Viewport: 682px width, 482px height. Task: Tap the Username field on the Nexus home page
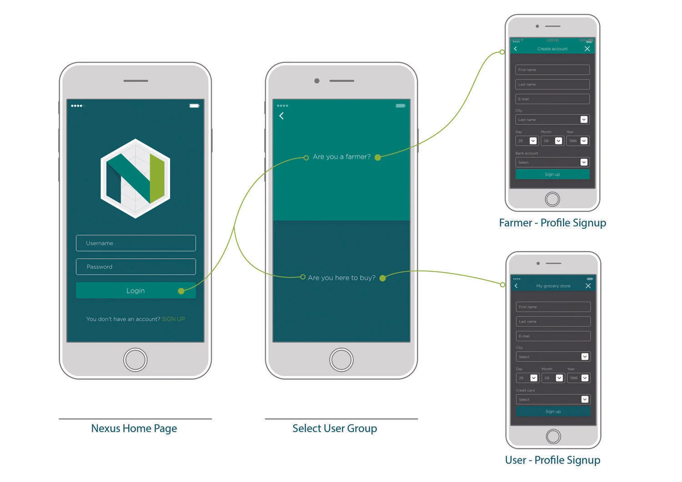[x=135, y=243]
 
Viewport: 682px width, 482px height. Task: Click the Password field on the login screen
[x=135, y=267]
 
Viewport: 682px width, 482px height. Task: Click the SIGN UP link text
[x=173, y=319]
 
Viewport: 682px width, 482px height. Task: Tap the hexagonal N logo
[x=135, y=178]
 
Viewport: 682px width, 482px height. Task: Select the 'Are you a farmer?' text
[x=341, y=157]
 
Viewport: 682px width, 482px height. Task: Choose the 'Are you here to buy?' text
[x=341, y=278]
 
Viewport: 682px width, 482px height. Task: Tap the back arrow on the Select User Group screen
[x=281, y=116]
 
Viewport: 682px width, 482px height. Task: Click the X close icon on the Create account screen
[x=587, y=49]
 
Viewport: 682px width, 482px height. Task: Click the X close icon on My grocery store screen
[x=588, y=286]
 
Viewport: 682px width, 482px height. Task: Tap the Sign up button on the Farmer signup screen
[x=552, y=174]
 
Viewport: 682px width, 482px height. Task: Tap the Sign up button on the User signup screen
[x=553, y=412]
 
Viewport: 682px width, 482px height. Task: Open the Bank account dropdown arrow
[x=584, y=162]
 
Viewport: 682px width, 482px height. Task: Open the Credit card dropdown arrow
[x=585, y=400]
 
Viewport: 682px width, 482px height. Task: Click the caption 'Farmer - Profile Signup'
[x=552, y=223]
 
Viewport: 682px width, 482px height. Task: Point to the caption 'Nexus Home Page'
[x=134, y=428]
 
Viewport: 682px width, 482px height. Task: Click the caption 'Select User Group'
[x=335, y=428]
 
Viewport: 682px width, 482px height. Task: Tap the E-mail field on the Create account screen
[x=552, y=99]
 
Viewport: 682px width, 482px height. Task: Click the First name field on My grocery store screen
[x=553, y=307]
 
